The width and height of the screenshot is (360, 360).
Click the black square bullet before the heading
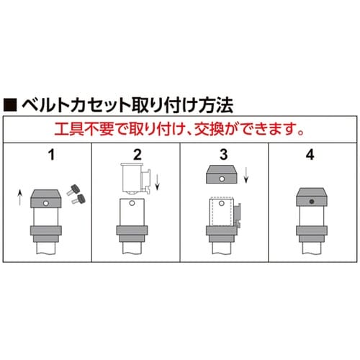click(10, 104)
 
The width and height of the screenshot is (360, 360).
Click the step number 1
click(51, 155)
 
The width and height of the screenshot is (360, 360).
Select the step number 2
click(138, 155)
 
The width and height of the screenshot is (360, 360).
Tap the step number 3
click(224, 155)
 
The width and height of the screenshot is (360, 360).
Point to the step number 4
click(310, 155)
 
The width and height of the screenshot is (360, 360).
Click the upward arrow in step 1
click(20, 197)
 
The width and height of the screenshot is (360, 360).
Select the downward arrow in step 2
click(157, 181)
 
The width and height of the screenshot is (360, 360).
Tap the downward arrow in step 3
click(246, 175)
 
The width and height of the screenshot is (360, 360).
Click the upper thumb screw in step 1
click(73, 189)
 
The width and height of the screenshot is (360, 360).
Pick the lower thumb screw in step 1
click(78, 199)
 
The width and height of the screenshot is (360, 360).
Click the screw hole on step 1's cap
click(45, 204)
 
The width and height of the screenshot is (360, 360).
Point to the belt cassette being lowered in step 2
click(136, 178)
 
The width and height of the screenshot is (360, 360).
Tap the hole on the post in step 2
click(132, 203)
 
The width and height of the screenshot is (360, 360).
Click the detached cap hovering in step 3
click(222, 174)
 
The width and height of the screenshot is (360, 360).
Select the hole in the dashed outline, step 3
click(222, 204)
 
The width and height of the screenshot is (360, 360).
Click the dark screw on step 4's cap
click(312, 202)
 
